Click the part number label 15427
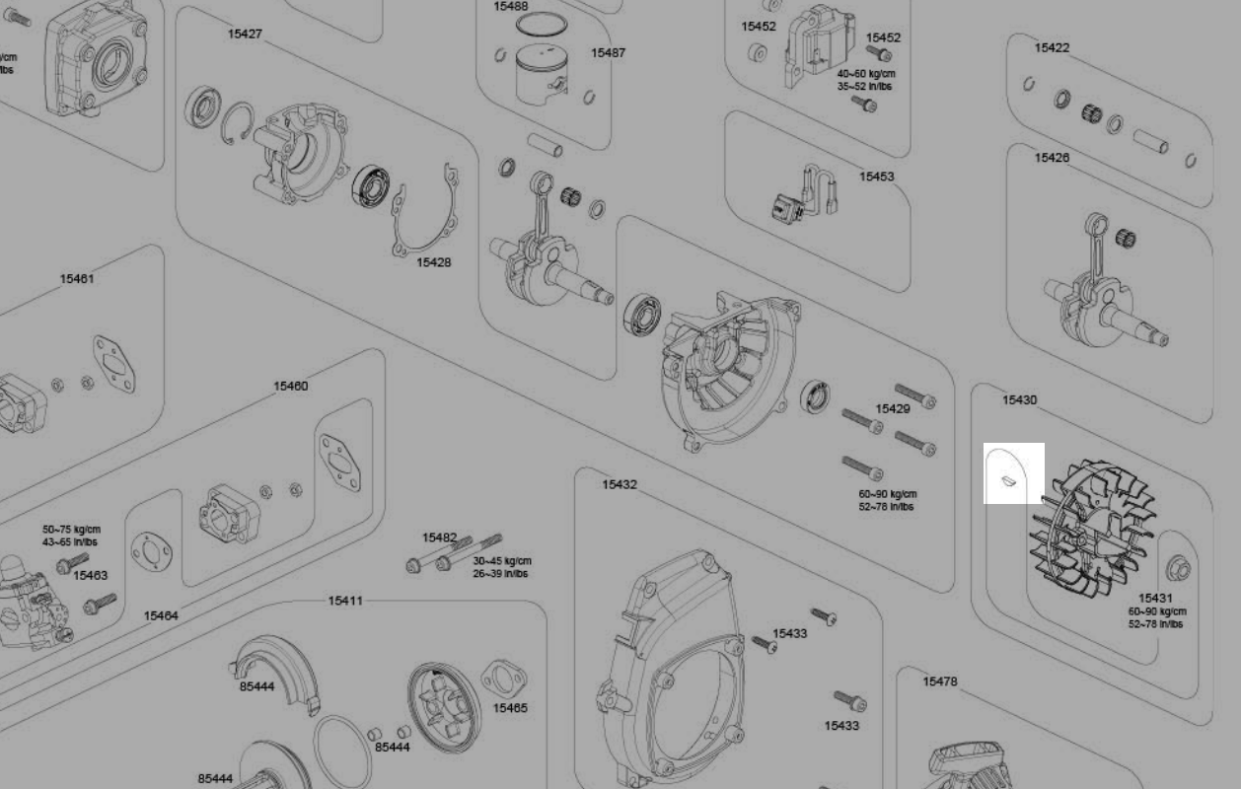pyautogui.click(x=245, y=34)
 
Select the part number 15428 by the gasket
pyautogui.click(x=434, y=262)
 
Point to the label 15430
pyautogui.click(x=1019, y=399)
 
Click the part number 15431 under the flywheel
pyautogui.click(x=1156, y=598)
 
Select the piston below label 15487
pyautogui.click(x=543, y=75)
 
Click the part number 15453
pyautogui.click(x=876, y=177)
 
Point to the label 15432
pyautogui.click(x=620, y=484)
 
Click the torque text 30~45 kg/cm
pyautogui.click(x=502, y=561)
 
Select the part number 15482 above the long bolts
pyautogui.click(x=439, y=538)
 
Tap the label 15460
pyautogui.click(x=291, y=386)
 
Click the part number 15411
pyautogui.click(x=345, y=601)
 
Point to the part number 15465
pyautogui.click(x=510, y=707)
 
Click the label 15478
pyautogui.click(x=940, y=681)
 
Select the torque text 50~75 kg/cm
pyautogui.click(x=71, y=530)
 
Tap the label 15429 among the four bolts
pyautogui.click(x=893, y=408)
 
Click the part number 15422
pyautogui.click(x=1052, y=47)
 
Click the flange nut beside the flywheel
pyautogui.click(x=1179, y=569)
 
